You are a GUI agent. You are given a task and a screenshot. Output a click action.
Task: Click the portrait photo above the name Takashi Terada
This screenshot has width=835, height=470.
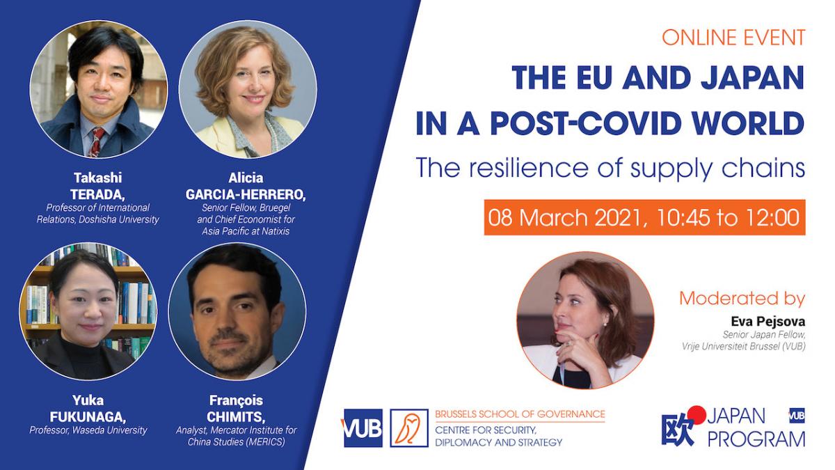(99, 89)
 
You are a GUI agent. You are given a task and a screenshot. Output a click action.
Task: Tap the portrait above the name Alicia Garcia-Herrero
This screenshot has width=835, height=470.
(248, 89)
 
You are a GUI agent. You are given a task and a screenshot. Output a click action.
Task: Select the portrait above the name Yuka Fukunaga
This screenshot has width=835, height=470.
(88, 311)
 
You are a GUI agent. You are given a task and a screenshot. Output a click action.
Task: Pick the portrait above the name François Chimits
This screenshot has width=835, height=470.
(237, 311)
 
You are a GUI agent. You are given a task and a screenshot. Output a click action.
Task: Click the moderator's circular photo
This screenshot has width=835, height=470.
(585, 320)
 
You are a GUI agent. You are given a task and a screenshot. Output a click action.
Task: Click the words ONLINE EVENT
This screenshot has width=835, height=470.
(733, 38)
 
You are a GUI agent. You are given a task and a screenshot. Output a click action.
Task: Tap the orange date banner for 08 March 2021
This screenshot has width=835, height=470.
(644, 217)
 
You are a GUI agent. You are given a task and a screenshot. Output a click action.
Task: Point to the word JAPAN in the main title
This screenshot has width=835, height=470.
(752, 77)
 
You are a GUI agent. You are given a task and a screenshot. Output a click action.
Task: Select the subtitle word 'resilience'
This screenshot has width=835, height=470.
(529, 168)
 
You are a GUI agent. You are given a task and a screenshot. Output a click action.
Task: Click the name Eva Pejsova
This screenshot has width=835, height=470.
(768, 321)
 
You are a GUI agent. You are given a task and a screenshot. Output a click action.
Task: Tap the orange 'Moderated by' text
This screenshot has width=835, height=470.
(742, 299)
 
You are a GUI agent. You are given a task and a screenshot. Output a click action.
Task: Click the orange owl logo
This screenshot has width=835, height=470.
(409, 428)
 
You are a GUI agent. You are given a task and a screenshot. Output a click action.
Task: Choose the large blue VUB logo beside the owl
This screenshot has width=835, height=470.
(363, 428)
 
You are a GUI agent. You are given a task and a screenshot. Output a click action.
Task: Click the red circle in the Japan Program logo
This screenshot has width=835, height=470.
(697, 415)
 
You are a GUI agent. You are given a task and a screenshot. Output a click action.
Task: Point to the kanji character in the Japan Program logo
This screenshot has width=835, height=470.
(678, 430)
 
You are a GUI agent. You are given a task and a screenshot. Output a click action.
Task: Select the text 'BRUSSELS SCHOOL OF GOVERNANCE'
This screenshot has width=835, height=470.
(520, 414)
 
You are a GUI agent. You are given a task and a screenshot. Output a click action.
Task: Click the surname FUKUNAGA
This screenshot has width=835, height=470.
(88, 416)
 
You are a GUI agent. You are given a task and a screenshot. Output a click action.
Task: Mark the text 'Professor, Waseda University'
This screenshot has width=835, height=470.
(88, 430)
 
